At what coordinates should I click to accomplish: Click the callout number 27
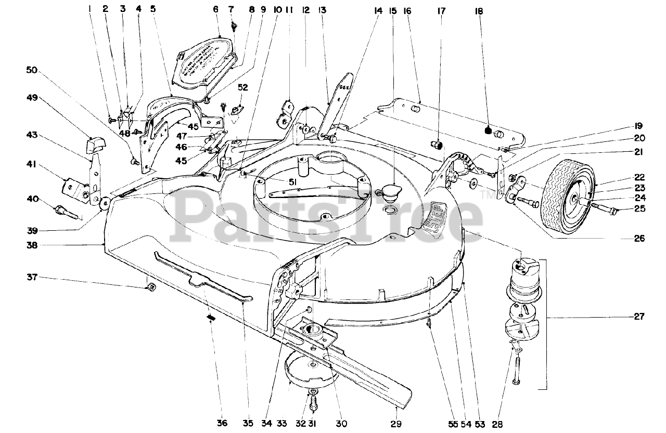tap(639, 316)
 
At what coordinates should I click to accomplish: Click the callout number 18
tap(478, 9)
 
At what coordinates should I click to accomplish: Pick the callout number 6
tap(215, 9)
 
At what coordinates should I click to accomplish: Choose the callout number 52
tap(242, 86)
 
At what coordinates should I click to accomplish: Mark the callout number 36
tap(222, 424)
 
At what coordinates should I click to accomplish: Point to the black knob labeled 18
tap(489, 129)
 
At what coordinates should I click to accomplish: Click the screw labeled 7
tap(234, 24)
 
